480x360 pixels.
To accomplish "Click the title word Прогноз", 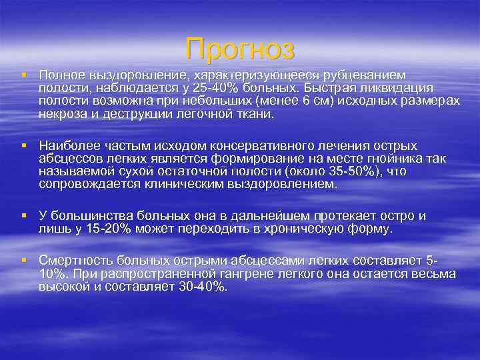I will click(240, 49).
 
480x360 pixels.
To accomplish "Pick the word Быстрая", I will click(330, 88).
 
